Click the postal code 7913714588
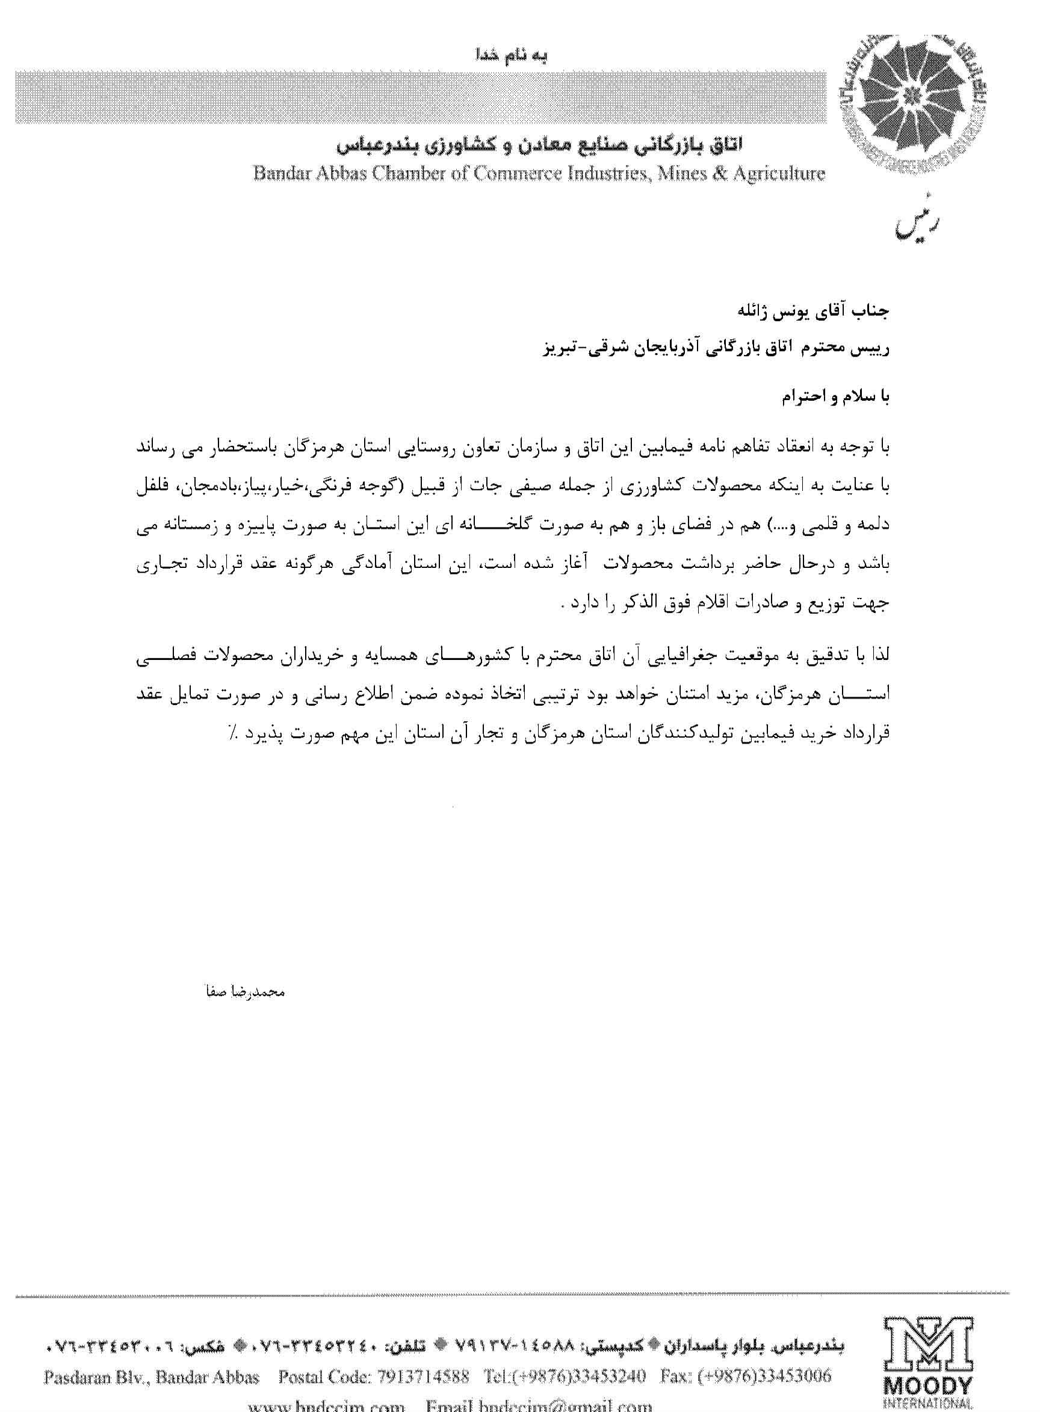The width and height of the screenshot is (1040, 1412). pyautogui.click(x=424, y=1376)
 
